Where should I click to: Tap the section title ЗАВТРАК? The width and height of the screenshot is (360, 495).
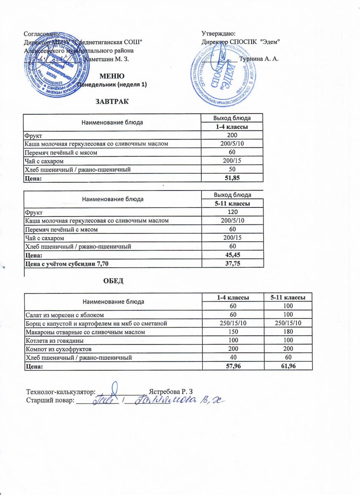tap(112, 101)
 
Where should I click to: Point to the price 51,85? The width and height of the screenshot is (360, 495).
tap(232, 178)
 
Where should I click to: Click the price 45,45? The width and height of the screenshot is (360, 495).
tap(232, 255)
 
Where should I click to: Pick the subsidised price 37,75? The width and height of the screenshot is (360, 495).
tap(232, 264)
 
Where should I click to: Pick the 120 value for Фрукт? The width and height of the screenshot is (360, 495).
tap(232, 212)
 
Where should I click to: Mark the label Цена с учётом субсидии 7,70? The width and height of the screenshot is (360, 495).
tap(68, 264)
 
